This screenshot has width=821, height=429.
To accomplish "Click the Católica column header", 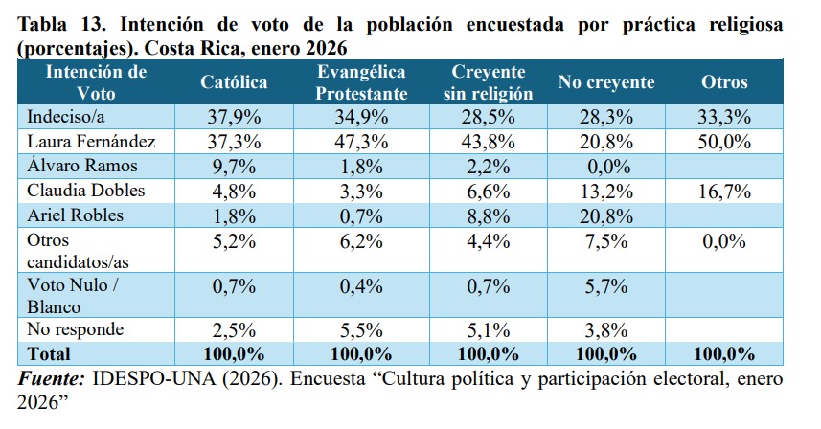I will tap(234, 82).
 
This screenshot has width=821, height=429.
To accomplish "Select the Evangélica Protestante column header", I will tap(362, 82).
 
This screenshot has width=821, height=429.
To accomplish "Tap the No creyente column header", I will tap(605, 82).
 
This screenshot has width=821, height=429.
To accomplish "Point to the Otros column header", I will tap(724, 82).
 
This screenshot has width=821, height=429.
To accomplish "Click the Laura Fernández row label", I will tap(87, 142).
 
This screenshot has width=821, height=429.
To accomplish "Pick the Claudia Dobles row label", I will tap(80, 191).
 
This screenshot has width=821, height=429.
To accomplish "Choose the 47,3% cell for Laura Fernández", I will tap(362, 142).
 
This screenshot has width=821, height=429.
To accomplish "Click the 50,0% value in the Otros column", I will tap(723, 142).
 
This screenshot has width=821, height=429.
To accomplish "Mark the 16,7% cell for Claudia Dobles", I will tap(723, 191).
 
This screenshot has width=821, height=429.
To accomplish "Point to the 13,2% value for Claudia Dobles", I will tap(605, 191).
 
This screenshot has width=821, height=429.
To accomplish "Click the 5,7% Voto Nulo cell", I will tap(605, 286).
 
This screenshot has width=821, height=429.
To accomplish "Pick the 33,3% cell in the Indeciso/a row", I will tap(723, 118).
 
